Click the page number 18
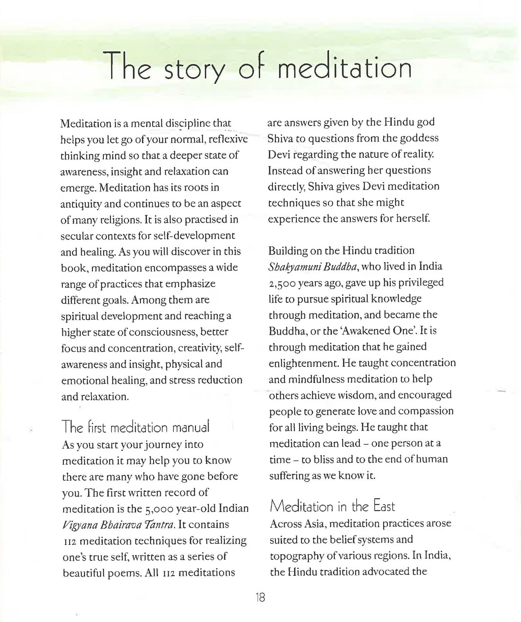pyautogui.click(x=260, y=598)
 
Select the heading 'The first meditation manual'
pyautogui.click(x=135, y=427)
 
